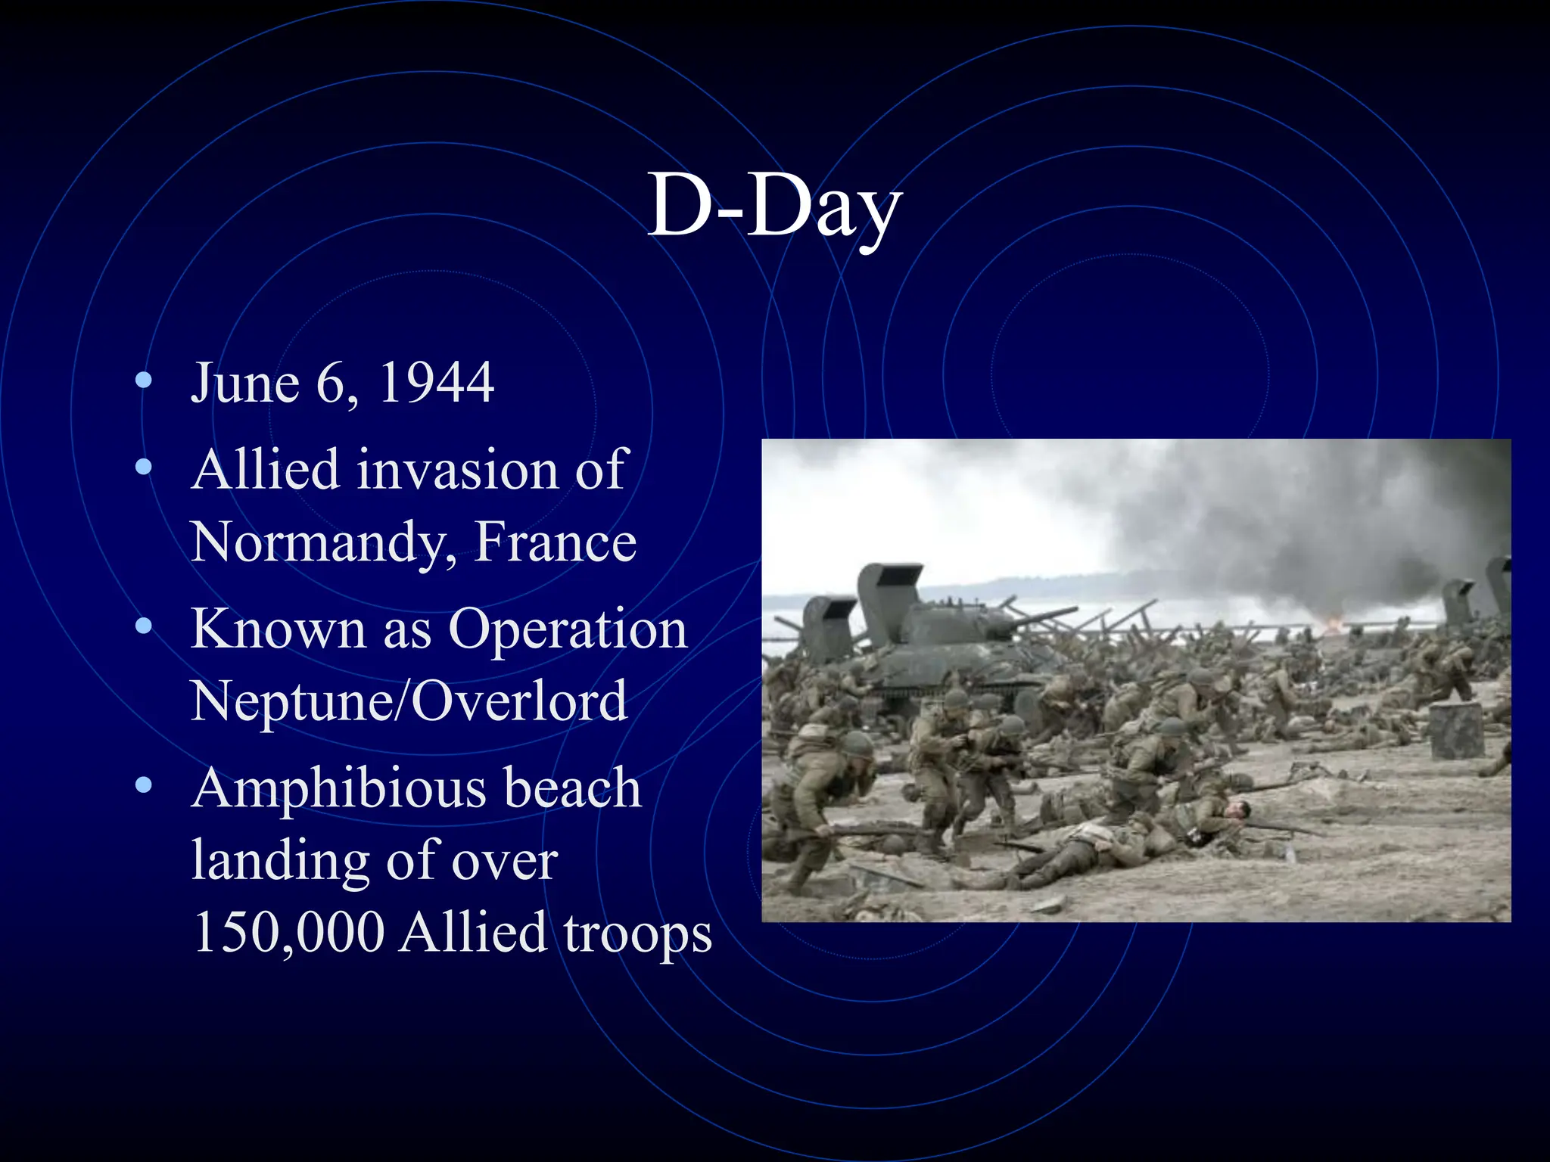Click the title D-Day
coord(774,206)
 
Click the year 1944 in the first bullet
coord(437,383)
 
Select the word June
coord(245,383)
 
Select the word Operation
coord(567,629)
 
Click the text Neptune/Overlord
coord(409,701)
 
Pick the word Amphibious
coord(339,788)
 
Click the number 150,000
coord(288,932)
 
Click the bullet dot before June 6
coord(143,381)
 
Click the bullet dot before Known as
coord(143,627)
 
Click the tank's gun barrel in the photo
coord(1044,617)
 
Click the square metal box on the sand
coord(1456,731)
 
